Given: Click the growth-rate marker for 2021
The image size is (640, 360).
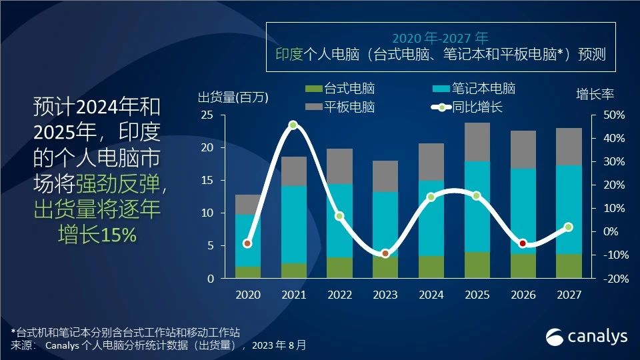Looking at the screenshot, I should pyautogui.click(x=293, y=125).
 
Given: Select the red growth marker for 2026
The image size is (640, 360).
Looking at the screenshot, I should pyautogui.click(x=523, y=243).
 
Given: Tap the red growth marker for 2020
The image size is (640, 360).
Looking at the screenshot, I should pyautogui.click(x=247, y=243).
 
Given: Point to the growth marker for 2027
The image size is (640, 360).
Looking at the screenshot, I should pyautogui.click(x=569, y=227).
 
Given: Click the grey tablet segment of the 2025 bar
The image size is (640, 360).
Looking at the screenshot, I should pyautogui.click(x=477, y=142).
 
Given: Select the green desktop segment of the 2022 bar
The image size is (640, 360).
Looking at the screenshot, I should pyautogui.click(x=339, y=267).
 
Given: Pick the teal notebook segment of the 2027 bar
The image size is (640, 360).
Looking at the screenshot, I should pyautogui.click(x=569, y=209).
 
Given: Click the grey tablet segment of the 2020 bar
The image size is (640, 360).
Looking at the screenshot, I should pyautogui.click(x=247, y=205).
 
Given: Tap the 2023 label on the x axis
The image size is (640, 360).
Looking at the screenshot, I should pyautogui.click(x=385, y=295).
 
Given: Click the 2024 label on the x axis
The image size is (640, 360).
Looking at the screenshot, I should pyautogui.click(x=431, y=295).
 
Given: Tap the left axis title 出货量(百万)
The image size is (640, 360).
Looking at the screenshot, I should pyautogui.click(x=233, y=97).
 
